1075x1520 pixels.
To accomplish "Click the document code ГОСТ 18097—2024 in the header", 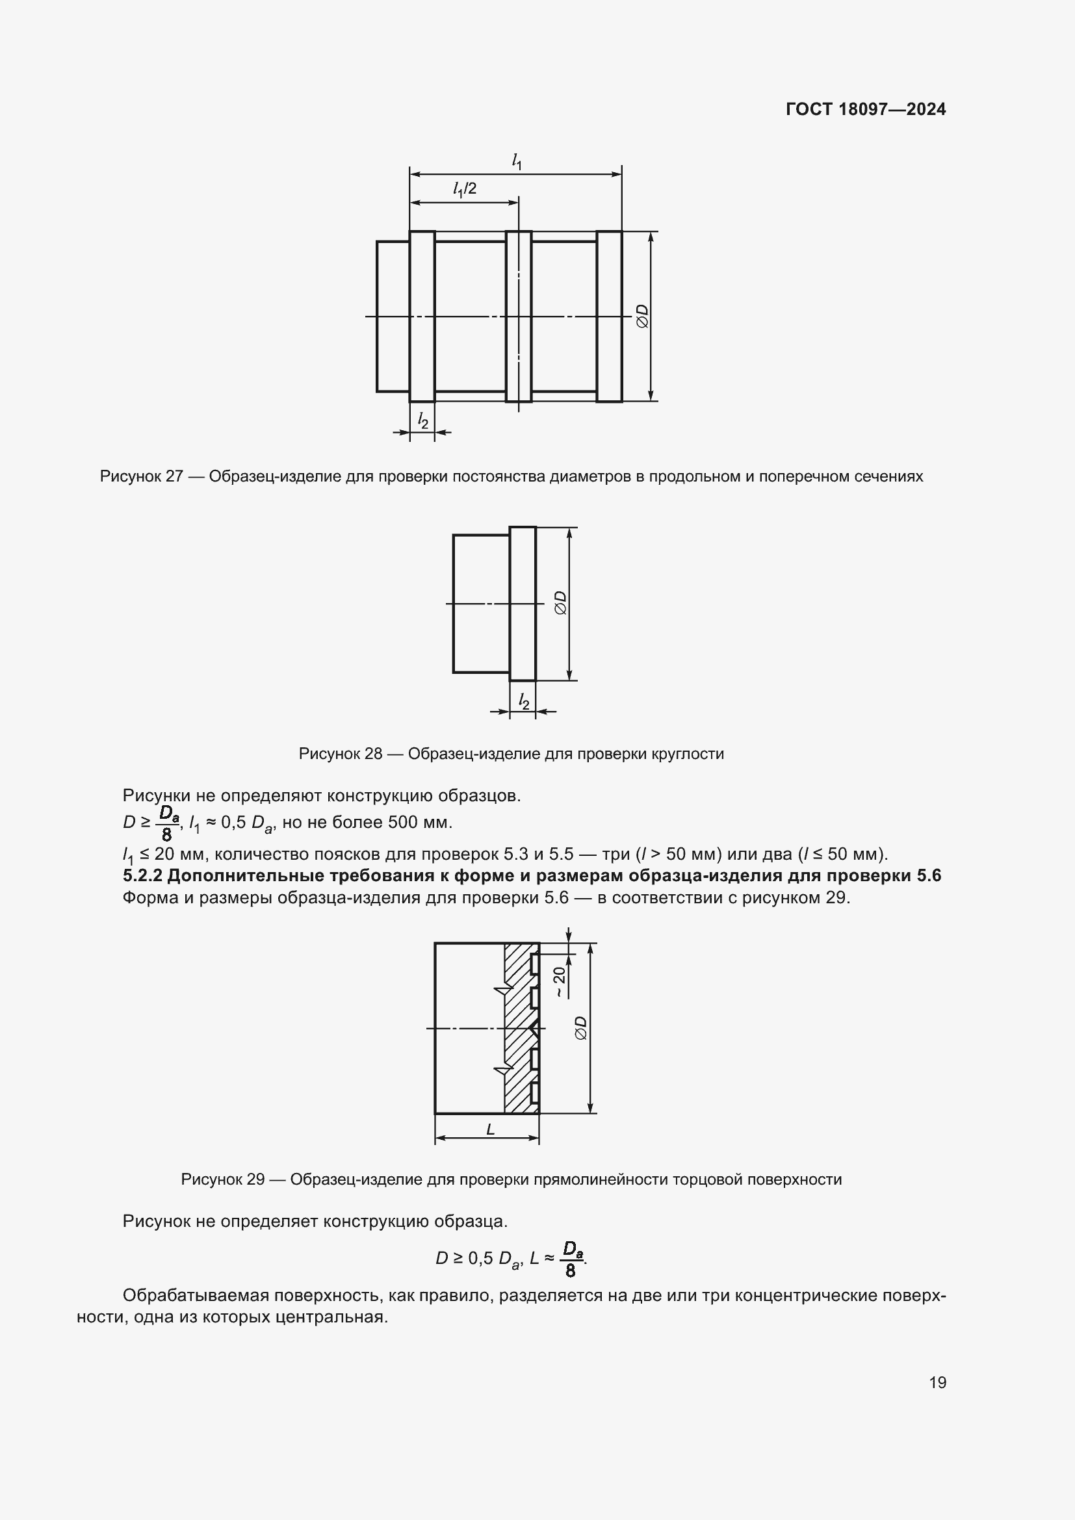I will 865,109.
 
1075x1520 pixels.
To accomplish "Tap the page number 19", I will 937,1382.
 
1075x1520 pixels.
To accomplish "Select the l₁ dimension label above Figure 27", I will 517,161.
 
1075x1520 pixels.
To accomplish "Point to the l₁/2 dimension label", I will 465,189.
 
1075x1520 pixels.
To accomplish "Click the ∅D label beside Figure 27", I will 641,316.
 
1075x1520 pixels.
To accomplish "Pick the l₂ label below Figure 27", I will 422,420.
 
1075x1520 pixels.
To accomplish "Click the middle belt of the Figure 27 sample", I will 518,316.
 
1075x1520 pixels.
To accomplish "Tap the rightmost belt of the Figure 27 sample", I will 609,316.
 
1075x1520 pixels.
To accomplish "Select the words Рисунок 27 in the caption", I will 141,476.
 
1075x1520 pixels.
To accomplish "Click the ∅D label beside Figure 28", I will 560,603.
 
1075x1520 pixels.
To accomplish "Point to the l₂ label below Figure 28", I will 524,701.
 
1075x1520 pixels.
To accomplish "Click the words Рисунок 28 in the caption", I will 340,753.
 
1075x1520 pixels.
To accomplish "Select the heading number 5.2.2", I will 143,876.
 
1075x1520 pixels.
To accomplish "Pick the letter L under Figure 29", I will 491,1129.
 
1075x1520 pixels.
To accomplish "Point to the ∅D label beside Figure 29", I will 580,1028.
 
